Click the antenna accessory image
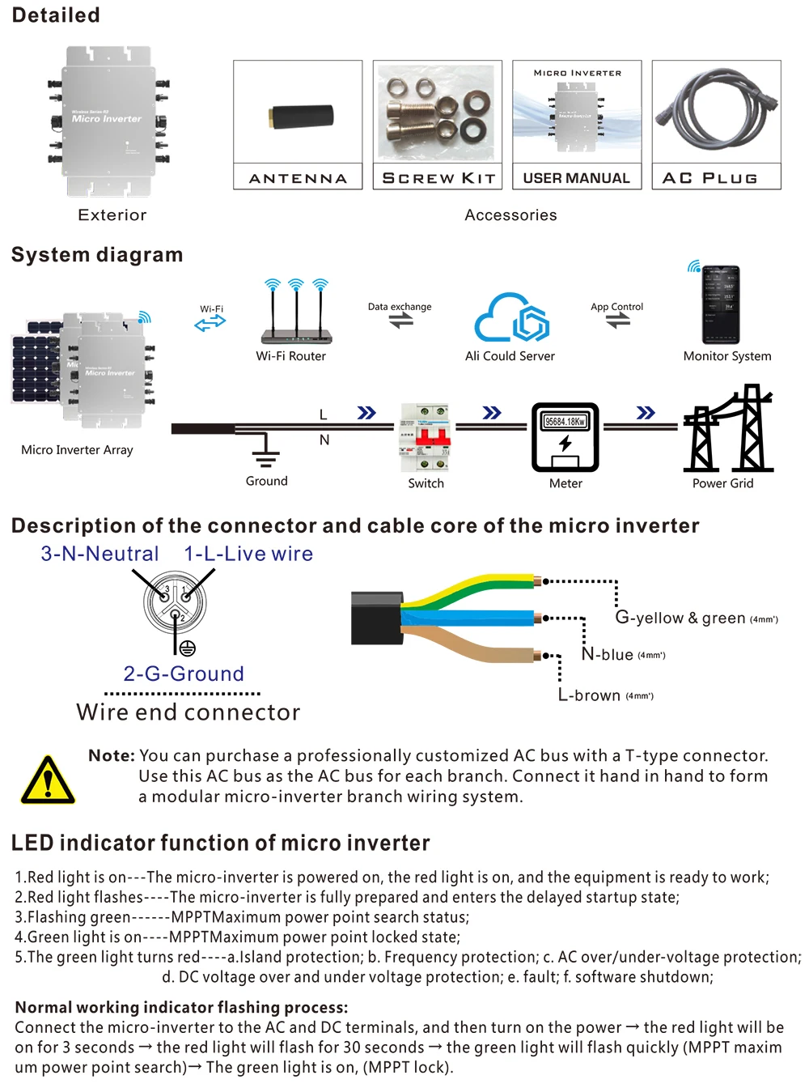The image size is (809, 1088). coord(301,116)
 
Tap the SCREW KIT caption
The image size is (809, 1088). coord(438,178)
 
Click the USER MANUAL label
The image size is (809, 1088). coord(576,178)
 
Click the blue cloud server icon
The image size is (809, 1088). coord(511,317)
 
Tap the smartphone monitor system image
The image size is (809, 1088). coord(720,305)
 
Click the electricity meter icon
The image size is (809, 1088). coord(565,437)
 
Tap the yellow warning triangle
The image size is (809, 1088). coord(48,781)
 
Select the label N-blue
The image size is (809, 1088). coord(608,654)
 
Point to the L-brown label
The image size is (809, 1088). coord(590,695)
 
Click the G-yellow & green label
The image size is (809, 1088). coord(680,618)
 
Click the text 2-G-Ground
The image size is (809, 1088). coord(184,674)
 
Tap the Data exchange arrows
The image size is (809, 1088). coord(400,321)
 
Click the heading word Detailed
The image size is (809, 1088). coord(56,15)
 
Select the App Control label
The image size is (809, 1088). coord(616,307)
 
